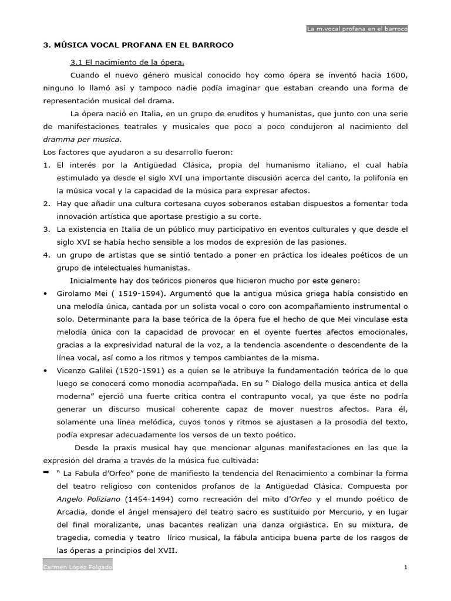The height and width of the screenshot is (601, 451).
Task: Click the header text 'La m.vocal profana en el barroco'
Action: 357,28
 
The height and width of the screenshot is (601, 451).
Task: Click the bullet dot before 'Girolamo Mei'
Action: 45,293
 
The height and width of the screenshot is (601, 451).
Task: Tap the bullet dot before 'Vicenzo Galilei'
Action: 45,371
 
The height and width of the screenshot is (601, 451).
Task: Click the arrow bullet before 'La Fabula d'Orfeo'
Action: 46,472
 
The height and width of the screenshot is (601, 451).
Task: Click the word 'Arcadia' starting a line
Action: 71,512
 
